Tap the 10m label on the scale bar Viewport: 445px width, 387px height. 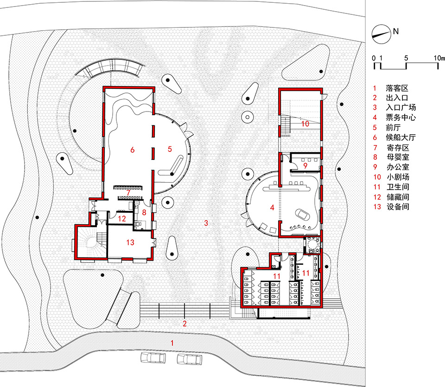(x=439, y=58)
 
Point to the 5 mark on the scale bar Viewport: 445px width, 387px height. (x=406, y=58)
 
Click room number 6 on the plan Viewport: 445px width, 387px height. (x=132, y=150)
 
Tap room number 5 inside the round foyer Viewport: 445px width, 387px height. (x=170, y=149)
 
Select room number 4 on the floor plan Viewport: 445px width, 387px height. (x=273, y=208)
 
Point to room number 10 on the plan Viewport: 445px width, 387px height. (x=305, y=124)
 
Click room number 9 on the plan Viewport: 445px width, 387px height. (x=305, y=165)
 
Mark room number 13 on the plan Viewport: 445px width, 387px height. (x=130, y=242)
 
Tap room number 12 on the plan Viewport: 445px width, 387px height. (x=122, y=218)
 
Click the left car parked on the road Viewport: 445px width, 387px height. (x=153, y=358)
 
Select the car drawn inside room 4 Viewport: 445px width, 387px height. (x=303, y=214)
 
